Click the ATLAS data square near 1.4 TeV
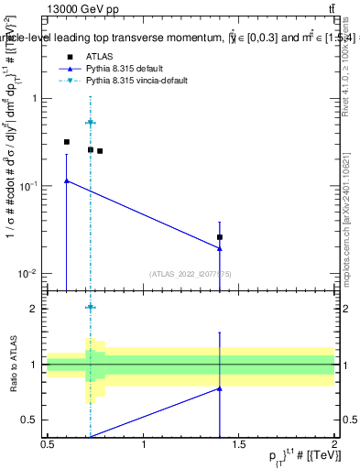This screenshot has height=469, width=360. (x=220, y=237)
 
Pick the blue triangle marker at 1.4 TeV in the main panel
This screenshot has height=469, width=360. (x=220, y=248)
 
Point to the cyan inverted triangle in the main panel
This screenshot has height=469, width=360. (x=91, y=123)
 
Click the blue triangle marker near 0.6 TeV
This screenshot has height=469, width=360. (x=67, y=181)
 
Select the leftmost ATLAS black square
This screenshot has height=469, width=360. (x=67, y=142)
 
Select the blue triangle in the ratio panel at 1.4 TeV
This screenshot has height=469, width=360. (x=220, y=388)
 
